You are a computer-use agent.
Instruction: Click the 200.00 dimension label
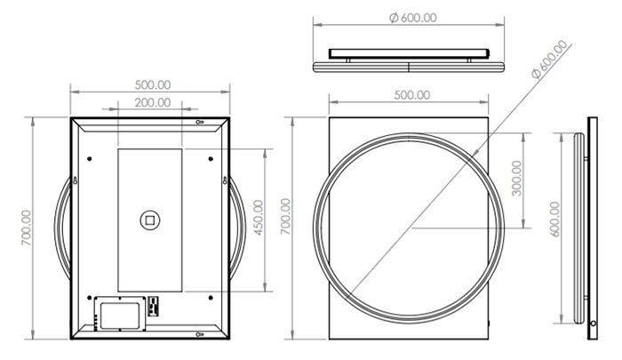pyautogui.click(x=153, y=102)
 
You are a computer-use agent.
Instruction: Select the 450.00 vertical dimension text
pyautogui.click(x=259, y=218)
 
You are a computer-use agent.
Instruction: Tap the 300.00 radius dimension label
pyautogui.click(x=517, y=178)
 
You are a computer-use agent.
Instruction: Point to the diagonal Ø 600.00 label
pyautogui.click(x=550, y=60)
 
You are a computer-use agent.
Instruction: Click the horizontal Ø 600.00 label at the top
pyautogui.click(x=413, y=18)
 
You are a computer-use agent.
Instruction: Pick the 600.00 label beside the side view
pyautogui.click(x=555, y=220)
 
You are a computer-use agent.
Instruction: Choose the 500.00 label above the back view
pyautogui.click(x=153, y=85)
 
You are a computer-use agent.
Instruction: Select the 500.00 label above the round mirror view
pyautogui.click(x=412, y=95)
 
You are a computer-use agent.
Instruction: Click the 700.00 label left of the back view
pyautogui.click(x=26, y=228)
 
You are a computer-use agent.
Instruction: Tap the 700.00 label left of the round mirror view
pyautogui.click(x=286, y=216)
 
